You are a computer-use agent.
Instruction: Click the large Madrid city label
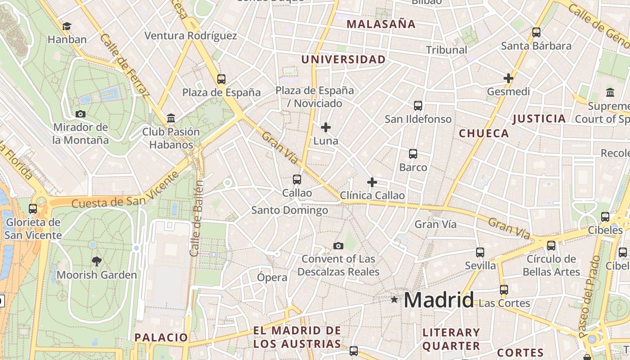(439, 300)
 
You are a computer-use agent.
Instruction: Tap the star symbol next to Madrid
(395, 299)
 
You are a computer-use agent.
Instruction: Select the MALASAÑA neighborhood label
(381, 24)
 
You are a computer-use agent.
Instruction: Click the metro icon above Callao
(297, 180)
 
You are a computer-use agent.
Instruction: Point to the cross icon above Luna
(326, 127)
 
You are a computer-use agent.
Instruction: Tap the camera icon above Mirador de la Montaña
(81, 114)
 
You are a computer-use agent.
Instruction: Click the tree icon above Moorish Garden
(96, 261)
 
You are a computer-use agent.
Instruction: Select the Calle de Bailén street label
(197, 218)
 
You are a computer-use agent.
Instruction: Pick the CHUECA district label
(484, 133)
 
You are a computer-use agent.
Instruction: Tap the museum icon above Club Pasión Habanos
(171, 118)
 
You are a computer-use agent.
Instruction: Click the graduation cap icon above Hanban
(67, 27)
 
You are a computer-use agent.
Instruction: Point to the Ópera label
(272, 277)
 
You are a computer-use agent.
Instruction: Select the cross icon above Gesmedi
(508, 78)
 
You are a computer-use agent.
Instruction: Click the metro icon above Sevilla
(480, 252)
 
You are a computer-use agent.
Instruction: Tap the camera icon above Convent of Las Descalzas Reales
(338, 246)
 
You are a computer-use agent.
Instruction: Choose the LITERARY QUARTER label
(451, 339)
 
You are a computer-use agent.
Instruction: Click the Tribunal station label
(446, 50)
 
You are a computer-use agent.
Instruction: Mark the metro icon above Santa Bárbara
(536, 32)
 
